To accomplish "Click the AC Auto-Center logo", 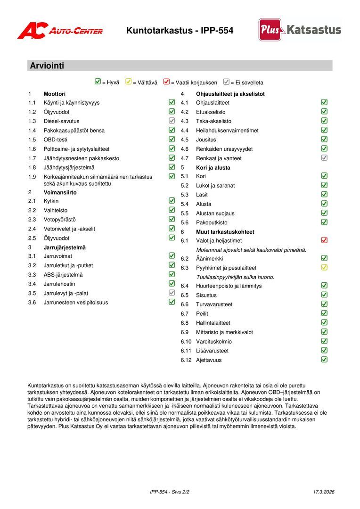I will tap(60, 31).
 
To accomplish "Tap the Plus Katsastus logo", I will tap(300, 30).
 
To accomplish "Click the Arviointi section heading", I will tap(47, 66).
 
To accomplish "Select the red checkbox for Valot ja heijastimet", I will tap(324, 240).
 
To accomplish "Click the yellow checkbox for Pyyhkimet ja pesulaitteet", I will tap(324, 268).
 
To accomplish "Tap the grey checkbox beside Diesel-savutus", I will tap(172, 121).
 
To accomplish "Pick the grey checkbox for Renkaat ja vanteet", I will tap(324, 158).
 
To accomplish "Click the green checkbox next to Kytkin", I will tap(172, 201).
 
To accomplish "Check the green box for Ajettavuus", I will tap(324, 360).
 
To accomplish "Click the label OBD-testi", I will tap(56, 140).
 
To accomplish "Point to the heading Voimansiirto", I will tap(60, 192).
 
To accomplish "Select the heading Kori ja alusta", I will tap(213, 167).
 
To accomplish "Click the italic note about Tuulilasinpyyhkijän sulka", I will tap(235, 277).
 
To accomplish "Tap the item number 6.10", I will tap(186, 342).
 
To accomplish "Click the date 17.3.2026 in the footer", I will tap(323, 492).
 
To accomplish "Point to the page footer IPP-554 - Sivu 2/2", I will tap(170, 492).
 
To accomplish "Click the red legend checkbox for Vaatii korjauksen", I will tap(166, 82).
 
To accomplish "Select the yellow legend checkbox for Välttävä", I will tap(129, 82).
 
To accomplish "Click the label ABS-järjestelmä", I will tap(63, 275).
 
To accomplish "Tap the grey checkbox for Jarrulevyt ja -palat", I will tap(172, 293).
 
